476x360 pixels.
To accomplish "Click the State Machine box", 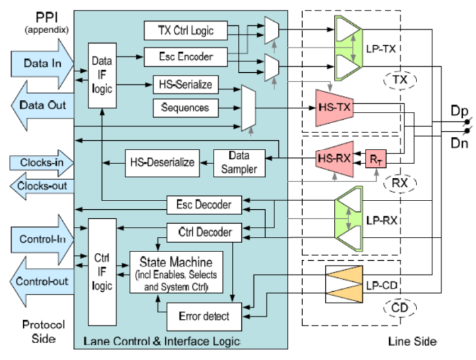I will pyautogui.click(x=175, y=271).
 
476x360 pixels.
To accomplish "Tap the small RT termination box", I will pyautogui.click(x=376, y=159).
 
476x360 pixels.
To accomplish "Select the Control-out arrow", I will pyautogui.click(x=40, y=281).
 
